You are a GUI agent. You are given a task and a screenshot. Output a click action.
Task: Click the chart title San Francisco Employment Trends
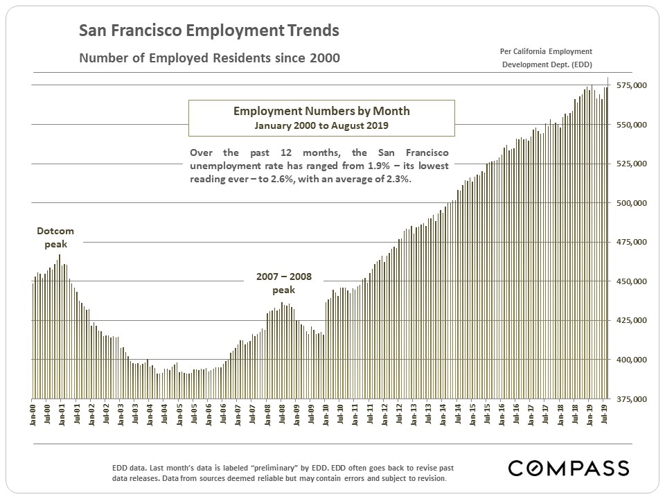tap(209, 30)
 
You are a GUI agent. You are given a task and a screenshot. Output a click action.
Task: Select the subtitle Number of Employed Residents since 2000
tap(209, 58)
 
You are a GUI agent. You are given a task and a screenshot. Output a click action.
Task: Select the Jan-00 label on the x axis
tap(33, 414)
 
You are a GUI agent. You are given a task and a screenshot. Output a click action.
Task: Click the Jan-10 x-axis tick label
tap(326, 414)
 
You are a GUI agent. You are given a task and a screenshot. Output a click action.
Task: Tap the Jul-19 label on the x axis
tap(605, 414)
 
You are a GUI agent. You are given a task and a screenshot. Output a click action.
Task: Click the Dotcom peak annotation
tap(55, 237)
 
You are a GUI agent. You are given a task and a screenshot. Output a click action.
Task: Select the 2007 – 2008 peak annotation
tap(284, 283)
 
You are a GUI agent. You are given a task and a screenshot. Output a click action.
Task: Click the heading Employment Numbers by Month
tap(321, 111)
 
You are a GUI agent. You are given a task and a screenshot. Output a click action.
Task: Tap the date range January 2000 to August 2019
tap(321, 125)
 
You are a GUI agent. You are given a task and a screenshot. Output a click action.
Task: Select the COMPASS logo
tap(568, 468)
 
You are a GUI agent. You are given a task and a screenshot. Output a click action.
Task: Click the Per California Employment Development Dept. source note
tap(546, 58)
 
